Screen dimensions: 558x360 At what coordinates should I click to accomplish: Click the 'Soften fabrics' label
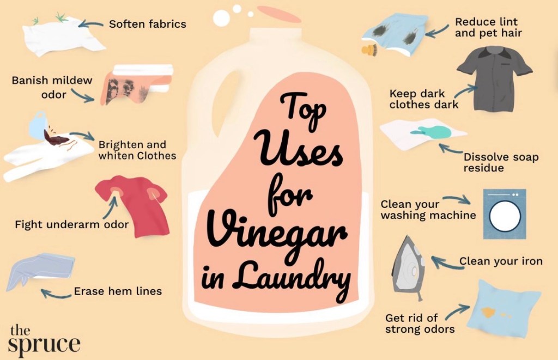pos(147,24)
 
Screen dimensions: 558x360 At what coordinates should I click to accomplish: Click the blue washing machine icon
pos(504,213)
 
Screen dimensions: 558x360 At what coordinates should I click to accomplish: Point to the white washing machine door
pos(505,216)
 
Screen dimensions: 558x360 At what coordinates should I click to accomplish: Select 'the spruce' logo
pos(44,340)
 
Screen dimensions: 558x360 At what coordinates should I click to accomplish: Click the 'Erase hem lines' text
pos(118,291)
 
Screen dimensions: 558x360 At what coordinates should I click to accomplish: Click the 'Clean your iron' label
pos(501,261)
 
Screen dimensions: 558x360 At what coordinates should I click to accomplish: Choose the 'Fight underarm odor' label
pos(71,224)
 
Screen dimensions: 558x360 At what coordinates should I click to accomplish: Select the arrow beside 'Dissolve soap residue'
pos(451,148)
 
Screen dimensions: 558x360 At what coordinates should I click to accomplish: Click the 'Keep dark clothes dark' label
pos(423,99)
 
